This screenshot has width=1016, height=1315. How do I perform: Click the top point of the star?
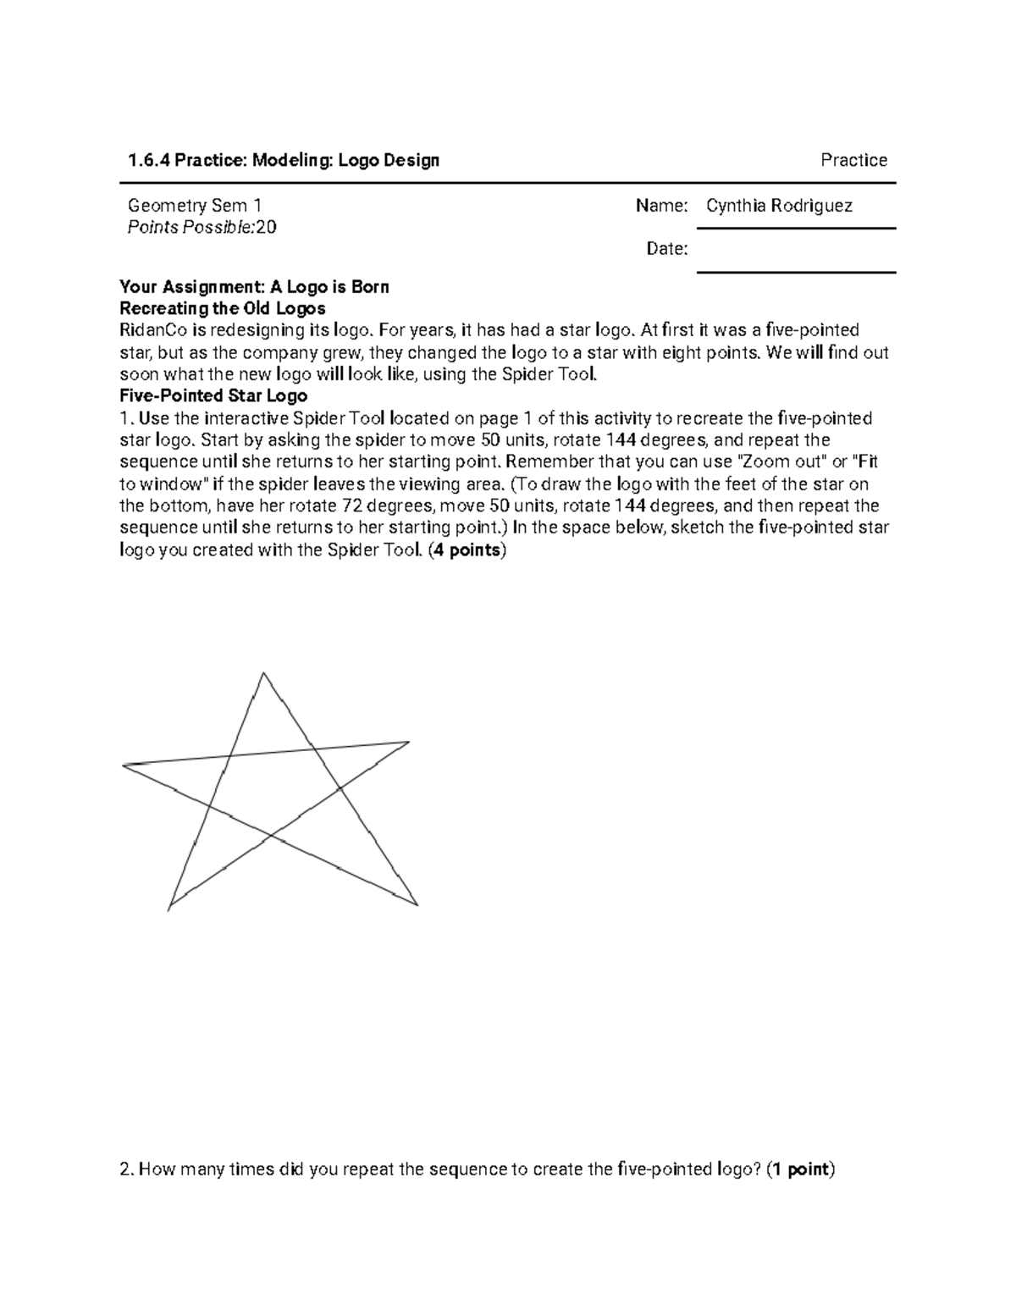pos(264,674)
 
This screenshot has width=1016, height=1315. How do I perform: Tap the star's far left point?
pos(124,765)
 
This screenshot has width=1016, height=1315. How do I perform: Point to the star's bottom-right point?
pos(417,904)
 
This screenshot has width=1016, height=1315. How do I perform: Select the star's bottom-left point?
pos(169,909)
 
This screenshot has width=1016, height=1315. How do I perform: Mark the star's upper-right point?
pos(408,743)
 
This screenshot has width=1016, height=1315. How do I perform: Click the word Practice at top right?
pos(853,160)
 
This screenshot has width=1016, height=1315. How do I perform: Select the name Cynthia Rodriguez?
pos(779,206)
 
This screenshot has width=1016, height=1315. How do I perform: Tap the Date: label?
pos(666,249)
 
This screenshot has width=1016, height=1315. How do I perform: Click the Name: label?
pos(661,206)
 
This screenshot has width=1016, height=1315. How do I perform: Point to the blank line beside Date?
pos(796,271)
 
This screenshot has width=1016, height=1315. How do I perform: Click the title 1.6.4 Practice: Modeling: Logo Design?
pos(284,160)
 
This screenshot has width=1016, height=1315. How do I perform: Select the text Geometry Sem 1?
pos(195,206)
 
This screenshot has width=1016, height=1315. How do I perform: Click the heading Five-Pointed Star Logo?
pos(213,396)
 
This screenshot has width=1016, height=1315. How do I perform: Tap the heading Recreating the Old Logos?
pos(223,308)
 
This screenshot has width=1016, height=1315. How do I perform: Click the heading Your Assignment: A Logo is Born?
pos(254,287)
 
